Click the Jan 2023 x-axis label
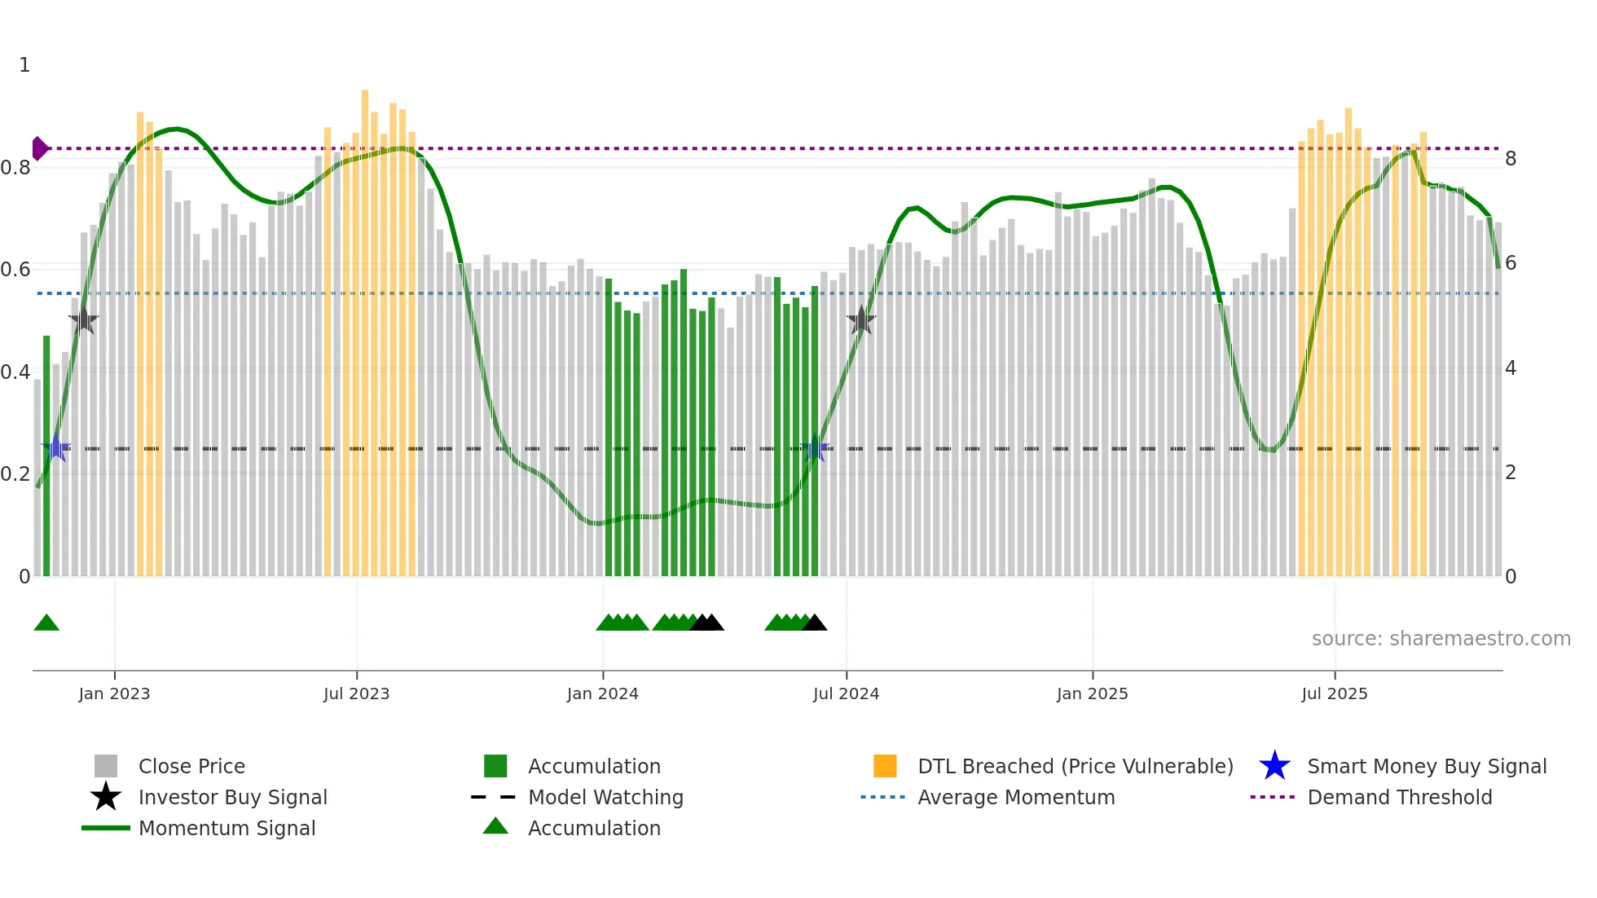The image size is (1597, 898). coord(114,693)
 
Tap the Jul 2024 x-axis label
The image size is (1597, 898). coord(846,693)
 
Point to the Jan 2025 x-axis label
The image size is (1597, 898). coord(1092,693)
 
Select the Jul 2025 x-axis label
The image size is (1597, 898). coord(1334,693)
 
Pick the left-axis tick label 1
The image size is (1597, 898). coord(24,65)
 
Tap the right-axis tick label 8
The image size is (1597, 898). coord(1511,159)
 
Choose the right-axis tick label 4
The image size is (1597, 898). coord(1511,368)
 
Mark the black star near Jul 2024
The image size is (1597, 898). coord(861,320)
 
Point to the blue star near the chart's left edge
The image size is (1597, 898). coord(56,447)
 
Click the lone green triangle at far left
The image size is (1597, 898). coord(46,623)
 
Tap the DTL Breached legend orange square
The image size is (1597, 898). coord(885,766)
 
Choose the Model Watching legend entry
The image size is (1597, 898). coord(605,797)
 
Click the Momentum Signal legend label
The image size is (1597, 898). coord(227,828)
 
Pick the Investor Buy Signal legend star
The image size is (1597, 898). coord(106,797)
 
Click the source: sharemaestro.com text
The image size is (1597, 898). coord(1441,639)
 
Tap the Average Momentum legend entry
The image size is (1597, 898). coord(1015,797)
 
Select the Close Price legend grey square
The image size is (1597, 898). coord(106,766)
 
